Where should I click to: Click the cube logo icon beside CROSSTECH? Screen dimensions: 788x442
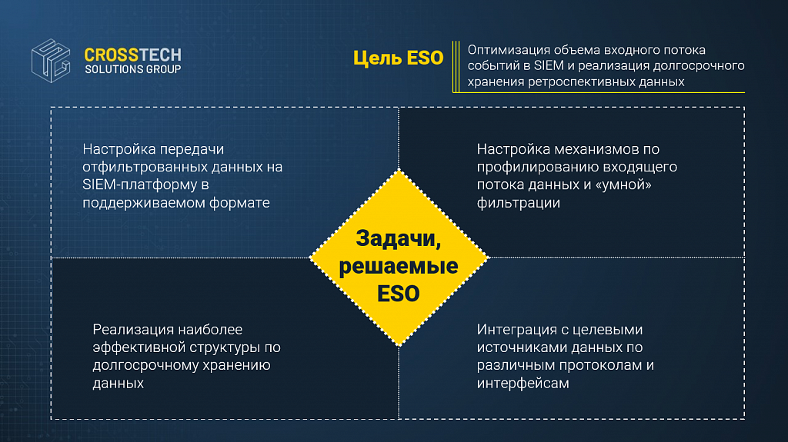[x=51, y=61]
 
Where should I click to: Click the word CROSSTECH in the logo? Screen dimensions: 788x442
[x=132, y=55]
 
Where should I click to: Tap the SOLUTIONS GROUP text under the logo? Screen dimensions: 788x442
[x=132, y=69]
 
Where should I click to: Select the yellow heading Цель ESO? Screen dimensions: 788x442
[x=398, y=58]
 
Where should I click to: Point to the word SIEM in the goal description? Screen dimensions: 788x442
[x=549, y=66]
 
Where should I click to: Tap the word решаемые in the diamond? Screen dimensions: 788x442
[x=399, y=266]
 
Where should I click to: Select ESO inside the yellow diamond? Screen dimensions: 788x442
[x=399, y=294]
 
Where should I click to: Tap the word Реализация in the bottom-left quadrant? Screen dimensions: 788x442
[x=132, y=330]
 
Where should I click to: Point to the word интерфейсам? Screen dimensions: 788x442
[x=523, y=384]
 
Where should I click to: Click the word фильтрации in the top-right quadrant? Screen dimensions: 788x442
[x=518, y=203]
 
